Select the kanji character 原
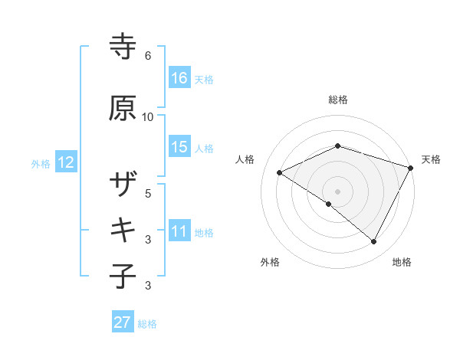pos(123,109)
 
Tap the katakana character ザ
pos(123,185)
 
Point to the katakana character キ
pos(123,229)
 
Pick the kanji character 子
pos(123,275)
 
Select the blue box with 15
pos(179,147)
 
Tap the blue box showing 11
pos(179,231)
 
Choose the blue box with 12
pos(66,162)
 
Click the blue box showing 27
pos(123,322)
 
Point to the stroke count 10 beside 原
pos(148,117)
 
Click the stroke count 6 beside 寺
pos(148,56)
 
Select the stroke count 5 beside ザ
pos(148,193)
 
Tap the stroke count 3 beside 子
pos(148,286)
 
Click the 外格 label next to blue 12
pos(41,163)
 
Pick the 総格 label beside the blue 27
pos(147,323)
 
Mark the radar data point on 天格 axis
pos(411,169)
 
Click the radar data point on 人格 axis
pos(280,173)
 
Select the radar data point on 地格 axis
pos(374,242)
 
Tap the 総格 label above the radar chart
pos(338,100)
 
